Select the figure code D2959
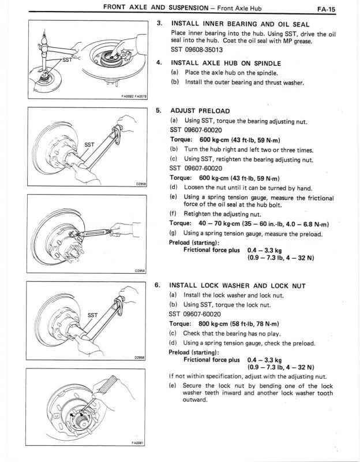coord(140,269)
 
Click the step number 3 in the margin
coord(159,24)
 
